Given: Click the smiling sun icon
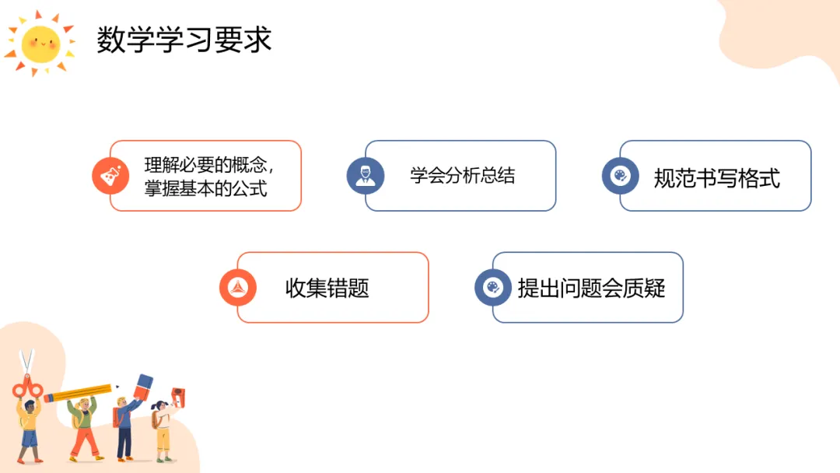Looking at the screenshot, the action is (x=40, y=44).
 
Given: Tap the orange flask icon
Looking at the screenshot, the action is (x=110, y=177).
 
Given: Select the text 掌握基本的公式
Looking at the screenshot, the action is (x=205, y=188).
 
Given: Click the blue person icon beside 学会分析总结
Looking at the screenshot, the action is (x=365, y=176).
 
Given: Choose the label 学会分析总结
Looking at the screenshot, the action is (x=462, y=175).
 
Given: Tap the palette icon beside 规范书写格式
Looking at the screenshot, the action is (x=620, y=177).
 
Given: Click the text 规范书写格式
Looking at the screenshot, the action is (x=716, y=178).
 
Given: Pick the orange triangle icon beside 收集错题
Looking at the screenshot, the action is (x=237, y=288).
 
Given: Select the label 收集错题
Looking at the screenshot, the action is (x=327, y=289).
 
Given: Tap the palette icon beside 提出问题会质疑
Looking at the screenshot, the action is (x=493, y=288).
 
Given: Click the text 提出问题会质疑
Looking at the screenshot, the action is (x=591, y=288).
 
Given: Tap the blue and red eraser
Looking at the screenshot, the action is (x=144, y=385).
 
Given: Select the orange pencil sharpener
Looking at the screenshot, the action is (x=177, y=394).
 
